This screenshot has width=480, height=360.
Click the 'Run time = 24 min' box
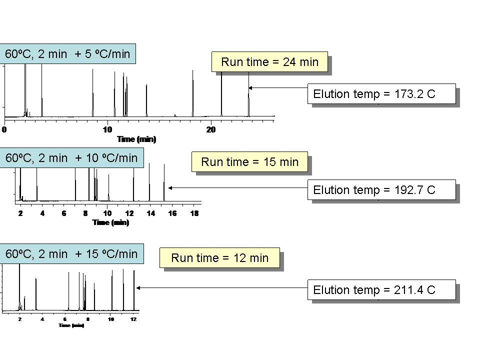click(269, 61)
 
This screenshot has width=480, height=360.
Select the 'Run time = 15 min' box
click(249, 161)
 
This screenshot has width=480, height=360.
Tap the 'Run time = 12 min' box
click(219, 257)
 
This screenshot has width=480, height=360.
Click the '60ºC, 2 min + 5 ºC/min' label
click(67, 54)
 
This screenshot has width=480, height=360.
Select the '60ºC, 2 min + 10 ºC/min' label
click(71, 158)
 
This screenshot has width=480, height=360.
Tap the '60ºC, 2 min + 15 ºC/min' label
click(71, 253)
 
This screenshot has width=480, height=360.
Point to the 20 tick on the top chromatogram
click(211, 129)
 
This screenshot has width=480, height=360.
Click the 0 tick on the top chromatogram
click(4, 129)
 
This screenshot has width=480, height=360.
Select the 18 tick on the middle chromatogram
click(195, 213)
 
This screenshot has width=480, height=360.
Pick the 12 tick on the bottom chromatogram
click(133, 319)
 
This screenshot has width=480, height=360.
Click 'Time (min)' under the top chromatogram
click(136, 139)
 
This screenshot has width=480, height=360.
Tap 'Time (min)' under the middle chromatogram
click(110, 222)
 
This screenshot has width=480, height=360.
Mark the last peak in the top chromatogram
click(248, 95)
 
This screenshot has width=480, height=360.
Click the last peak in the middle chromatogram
click(164, 185)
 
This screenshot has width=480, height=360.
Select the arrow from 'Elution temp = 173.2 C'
click(277, 88)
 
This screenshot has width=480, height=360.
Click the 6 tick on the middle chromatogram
click(64, 213)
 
